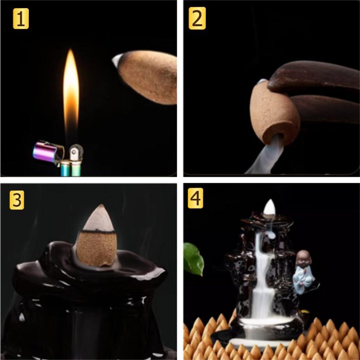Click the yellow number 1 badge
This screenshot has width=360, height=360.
(x=21, y=18)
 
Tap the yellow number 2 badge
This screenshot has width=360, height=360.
(x=197, y=18)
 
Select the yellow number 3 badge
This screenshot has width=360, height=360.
(x=17, y=200)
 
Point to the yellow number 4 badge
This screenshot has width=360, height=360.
(x=195, y=198)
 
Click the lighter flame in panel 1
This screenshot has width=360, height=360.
(x=71, y=92)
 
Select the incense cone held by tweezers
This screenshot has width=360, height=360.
(x=274, y=113)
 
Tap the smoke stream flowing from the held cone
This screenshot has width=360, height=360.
(x=266, y=156)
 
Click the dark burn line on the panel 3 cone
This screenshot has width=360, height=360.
(x=98, y=232)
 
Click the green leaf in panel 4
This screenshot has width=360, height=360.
(x=193, y=259)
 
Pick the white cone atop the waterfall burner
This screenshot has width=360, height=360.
(x=269, y=208)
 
